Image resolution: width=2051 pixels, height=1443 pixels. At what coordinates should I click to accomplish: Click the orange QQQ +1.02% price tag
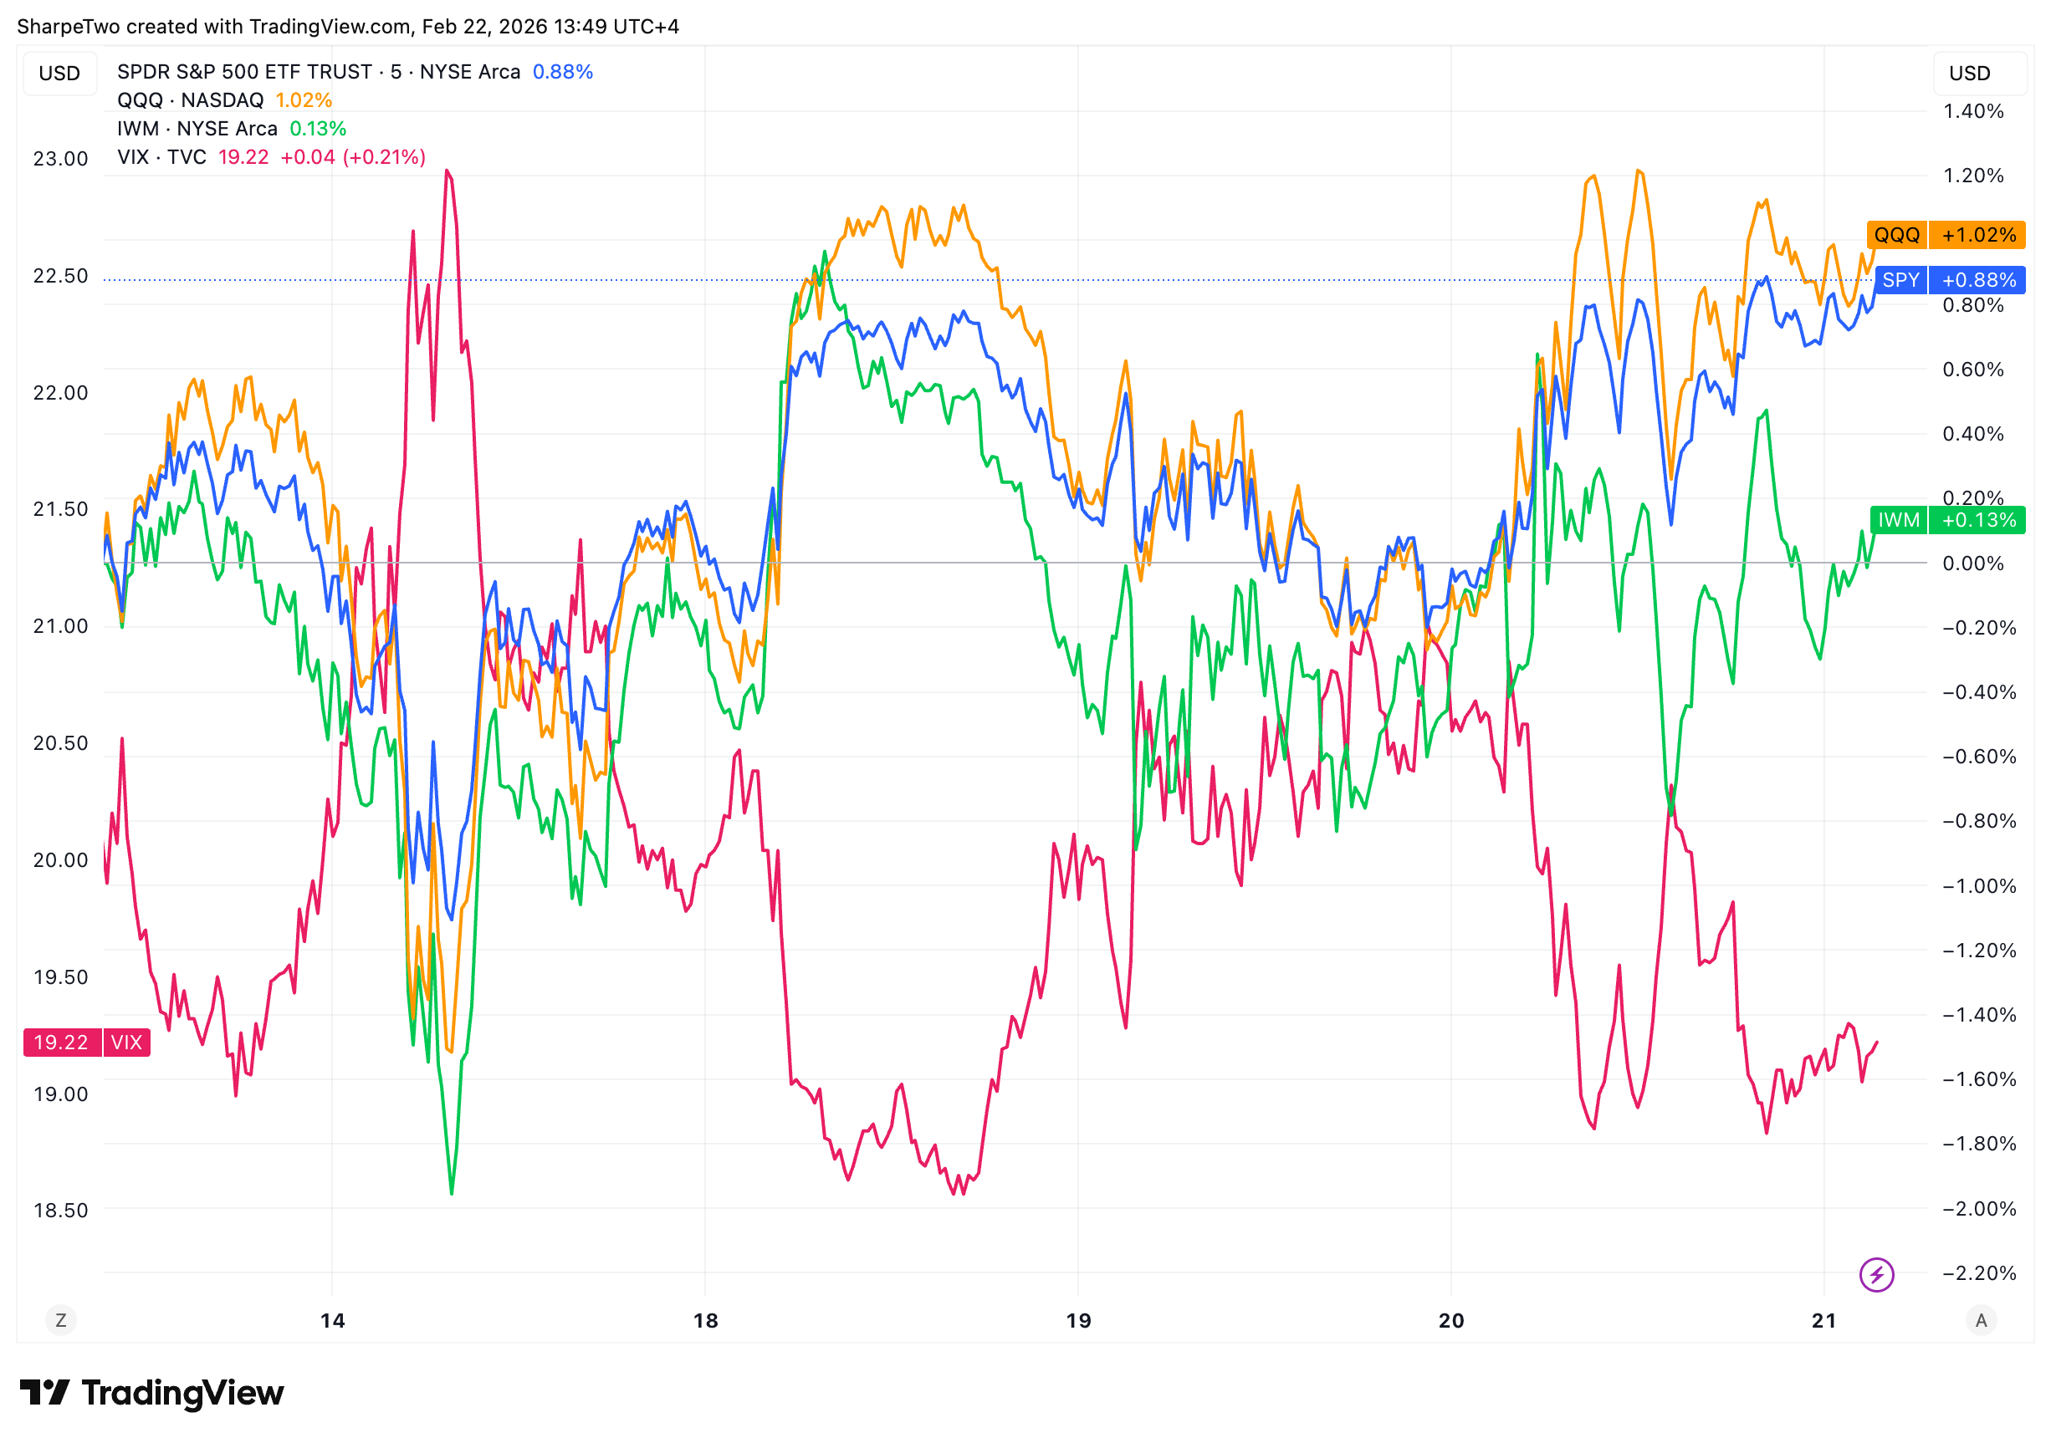1945,235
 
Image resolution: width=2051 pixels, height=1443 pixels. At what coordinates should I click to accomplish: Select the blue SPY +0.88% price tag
1949,280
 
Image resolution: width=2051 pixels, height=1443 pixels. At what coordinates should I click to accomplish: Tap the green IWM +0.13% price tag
1947,520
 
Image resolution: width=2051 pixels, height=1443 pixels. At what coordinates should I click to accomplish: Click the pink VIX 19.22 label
87,1042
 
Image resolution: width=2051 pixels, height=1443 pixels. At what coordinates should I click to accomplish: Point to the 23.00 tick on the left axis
61,159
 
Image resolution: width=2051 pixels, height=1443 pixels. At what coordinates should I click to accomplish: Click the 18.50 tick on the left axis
61,1210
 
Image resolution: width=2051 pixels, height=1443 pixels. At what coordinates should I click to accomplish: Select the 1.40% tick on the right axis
1972,112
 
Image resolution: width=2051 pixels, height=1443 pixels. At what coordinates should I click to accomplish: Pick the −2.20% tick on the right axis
1978,1273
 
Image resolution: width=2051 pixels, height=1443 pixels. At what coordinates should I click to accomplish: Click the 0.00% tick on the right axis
1972,563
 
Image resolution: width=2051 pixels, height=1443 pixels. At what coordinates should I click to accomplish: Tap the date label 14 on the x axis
332,1321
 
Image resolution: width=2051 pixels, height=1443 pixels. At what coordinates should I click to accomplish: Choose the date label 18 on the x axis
706,1321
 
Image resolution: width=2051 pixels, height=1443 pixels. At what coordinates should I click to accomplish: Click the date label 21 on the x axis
1824,1321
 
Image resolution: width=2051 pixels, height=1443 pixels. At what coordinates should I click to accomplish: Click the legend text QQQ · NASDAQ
190,100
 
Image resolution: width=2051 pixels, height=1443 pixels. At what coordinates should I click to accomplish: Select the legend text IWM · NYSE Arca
197,129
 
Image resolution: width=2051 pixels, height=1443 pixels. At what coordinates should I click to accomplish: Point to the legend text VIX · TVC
161,157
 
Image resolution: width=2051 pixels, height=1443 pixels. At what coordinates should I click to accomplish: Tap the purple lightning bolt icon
1876,1274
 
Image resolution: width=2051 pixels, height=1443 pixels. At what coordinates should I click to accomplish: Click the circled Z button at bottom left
61,1320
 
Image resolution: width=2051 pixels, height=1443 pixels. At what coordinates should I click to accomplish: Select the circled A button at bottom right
1981,1320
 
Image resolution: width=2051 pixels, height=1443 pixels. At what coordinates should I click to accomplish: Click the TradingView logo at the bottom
152,1393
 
